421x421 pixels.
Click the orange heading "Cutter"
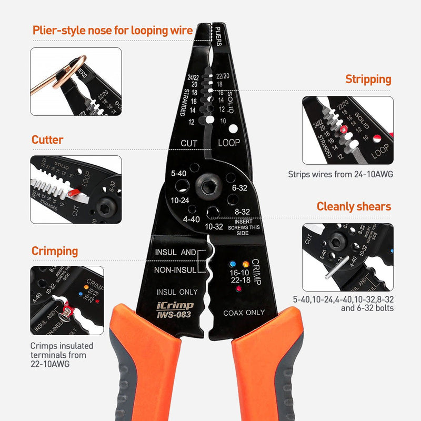tap(47, 140)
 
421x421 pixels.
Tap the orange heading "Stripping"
tap(368, 79)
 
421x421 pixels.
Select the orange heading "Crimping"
tap(55, 251)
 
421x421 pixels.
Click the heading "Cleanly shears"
tap(354, 206)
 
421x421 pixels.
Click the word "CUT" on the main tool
tap(189, 143)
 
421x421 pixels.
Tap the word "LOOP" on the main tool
tap(229, 143)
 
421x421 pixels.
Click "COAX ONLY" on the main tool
tap(244, 313)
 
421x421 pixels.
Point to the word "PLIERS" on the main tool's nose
tap(219, 35)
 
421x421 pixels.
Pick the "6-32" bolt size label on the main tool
tap(239, 188)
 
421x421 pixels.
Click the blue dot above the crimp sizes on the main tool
tap(231, 263)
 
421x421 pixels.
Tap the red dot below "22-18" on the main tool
tap(238, 289)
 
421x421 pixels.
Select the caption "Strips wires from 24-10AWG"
tap(340, 174)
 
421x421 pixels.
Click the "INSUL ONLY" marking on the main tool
tap(177, 292)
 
